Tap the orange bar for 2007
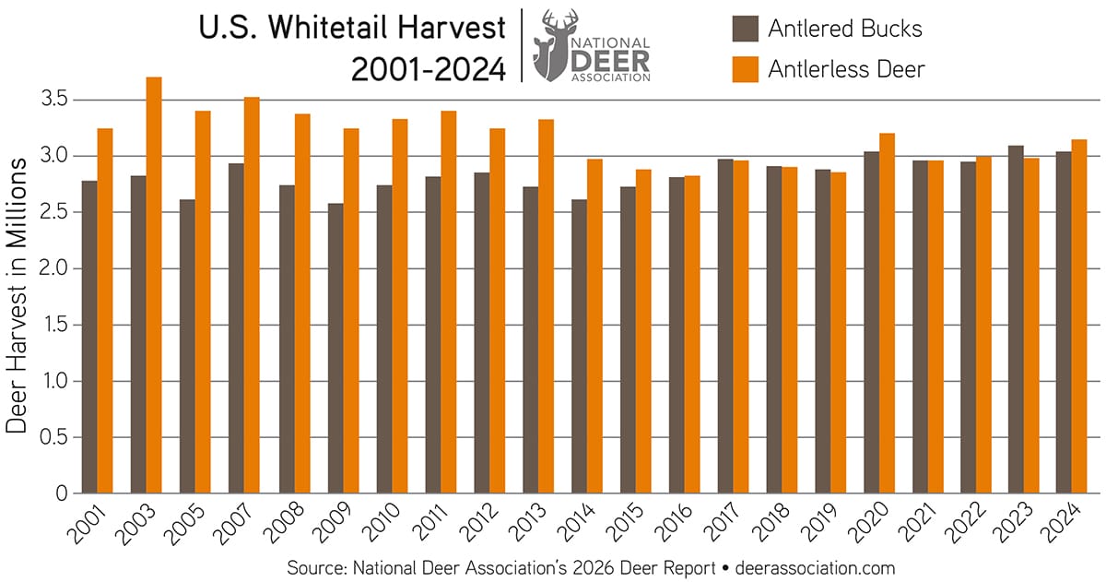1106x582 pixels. tap(253, 295)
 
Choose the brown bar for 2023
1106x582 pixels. tap(1015, 319)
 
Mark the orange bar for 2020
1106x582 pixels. tap(887, 314)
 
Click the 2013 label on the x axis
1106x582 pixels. tap(533, 523)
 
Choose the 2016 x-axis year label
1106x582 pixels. tap(679, 523)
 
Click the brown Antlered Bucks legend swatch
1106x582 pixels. tap(745, 28)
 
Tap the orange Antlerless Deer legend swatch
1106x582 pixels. tap(745, 68)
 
